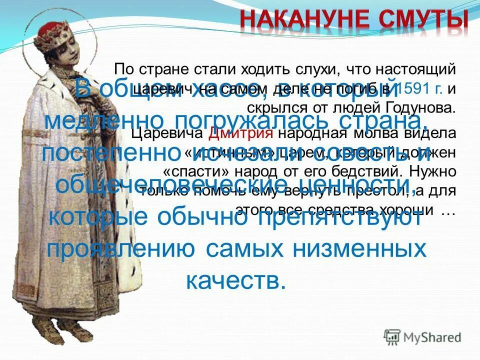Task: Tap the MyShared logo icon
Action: (x=392, y=336)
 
